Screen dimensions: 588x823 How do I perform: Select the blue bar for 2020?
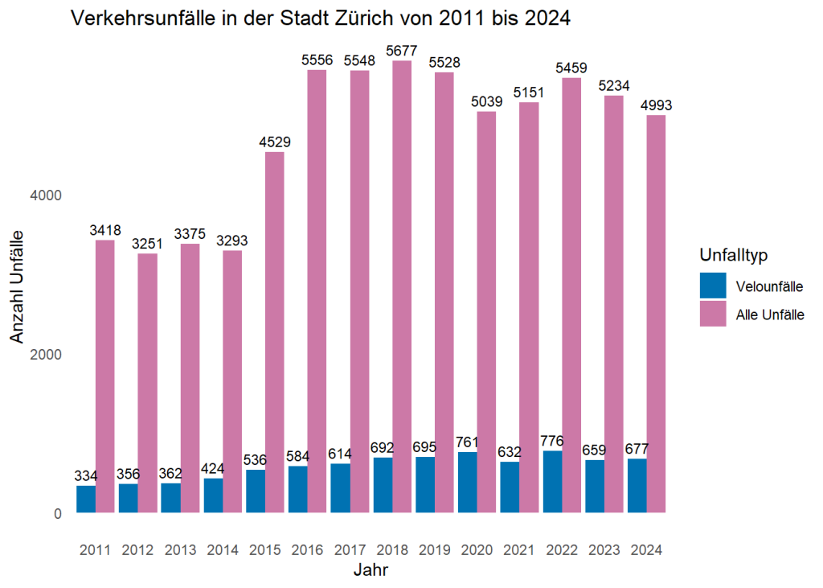[x=467, y=482]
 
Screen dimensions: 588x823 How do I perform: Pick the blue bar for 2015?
[x=255, y=491]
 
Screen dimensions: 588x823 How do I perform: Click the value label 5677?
[x=402, y=50]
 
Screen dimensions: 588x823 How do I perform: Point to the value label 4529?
[x=275, y=142]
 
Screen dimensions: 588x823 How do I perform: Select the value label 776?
[x=552, y=441]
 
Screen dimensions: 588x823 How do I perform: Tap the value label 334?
[x=86, y=475]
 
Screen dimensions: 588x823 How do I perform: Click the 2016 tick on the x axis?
[x=308, y=550]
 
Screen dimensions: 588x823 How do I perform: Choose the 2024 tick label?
[x=647, y=550]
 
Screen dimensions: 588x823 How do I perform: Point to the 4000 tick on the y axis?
[x=46, y=195]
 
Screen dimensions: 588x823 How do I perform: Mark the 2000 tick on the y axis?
[x=46, y=355]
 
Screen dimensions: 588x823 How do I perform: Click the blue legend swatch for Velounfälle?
[x=713, y=285]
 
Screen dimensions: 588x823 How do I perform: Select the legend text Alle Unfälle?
[x=770, y=315]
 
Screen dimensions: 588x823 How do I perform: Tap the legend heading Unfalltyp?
[x=734, y=255]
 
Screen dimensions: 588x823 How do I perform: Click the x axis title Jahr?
[x=371, y=571]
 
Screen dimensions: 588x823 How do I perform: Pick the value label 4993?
[x=657, y=105]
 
